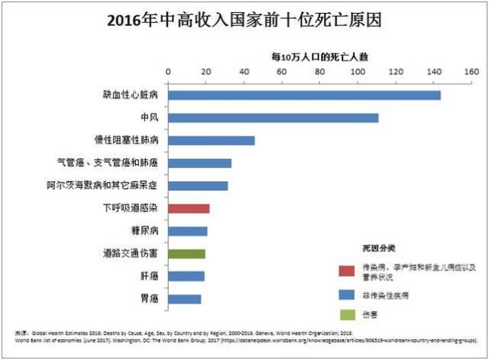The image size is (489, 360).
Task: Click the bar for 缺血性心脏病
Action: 304,95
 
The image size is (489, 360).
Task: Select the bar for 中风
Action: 273,118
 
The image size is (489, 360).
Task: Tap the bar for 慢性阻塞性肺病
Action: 212,141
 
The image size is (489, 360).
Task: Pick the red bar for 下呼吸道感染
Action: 189,208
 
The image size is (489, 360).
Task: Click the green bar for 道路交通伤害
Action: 186,253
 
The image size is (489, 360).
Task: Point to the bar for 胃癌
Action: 184,299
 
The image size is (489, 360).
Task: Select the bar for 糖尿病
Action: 187,231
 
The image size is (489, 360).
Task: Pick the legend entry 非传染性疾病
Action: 403,293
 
